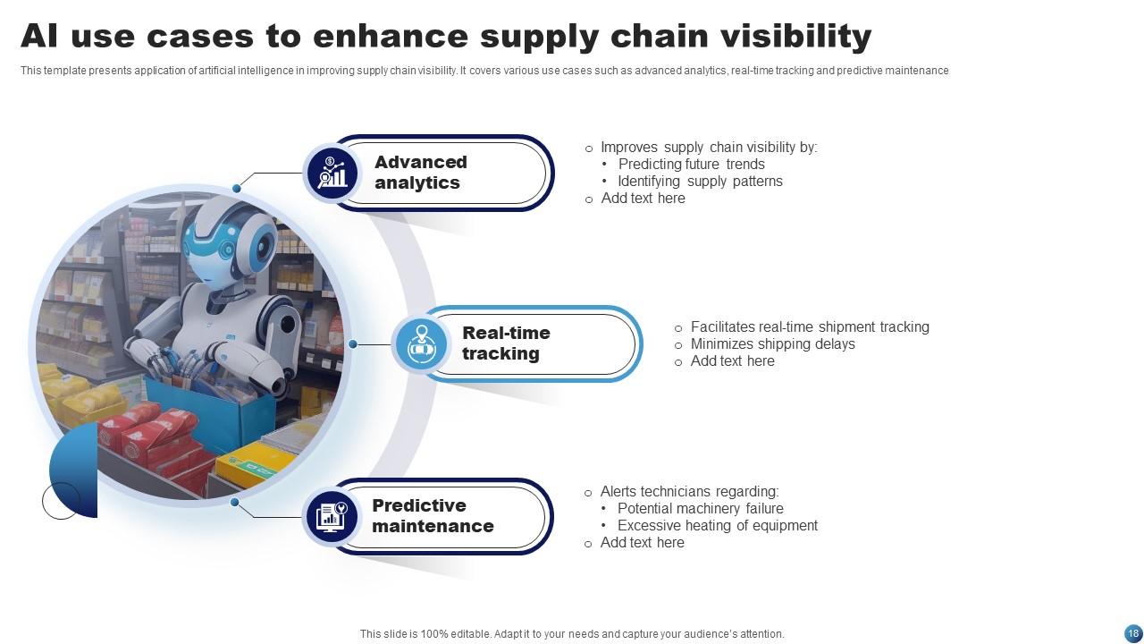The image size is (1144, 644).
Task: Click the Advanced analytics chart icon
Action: [x=332, y=173]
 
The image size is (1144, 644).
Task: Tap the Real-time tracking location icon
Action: [x=421, y=344]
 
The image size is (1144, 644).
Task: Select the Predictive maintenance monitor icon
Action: [x=331, y=516]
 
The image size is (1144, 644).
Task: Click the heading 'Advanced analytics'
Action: [x=420, y=173]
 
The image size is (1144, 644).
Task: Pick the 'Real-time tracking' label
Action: [x=505, y=343]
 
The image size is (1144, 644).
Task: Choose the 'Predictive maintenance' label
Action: [x=433, y=516]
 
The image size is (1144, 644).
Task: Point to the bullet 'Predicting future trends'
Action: [x=691, y=164]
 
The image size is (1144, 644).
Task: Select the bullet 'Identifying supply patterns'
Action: [x=700, y=181]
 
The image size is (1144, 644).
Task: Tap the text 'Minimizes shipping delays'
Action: [x=772, y=343]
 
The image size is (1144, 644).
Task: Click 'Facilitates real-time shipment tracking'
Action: [x=809, y=326]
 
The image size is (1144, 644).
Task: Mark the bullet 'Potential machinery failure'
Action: [x=700, y=508]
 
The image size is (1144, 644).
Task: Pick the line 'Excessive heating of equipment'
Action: [x=717, y=525]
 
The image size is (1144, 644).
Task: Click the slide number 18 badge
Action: [x=1132, y=633]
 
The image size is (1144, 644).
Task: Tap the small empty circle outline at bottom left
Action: [x=61, y=501]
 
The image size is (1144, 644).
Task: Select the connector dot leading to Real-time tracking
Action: [x=353, y=344]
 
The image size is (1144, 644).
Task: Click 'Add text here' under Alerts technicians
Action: [x=642, y=542]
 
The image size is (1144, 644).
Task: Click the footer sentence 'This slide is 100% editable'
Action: [x=572, y=633]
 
